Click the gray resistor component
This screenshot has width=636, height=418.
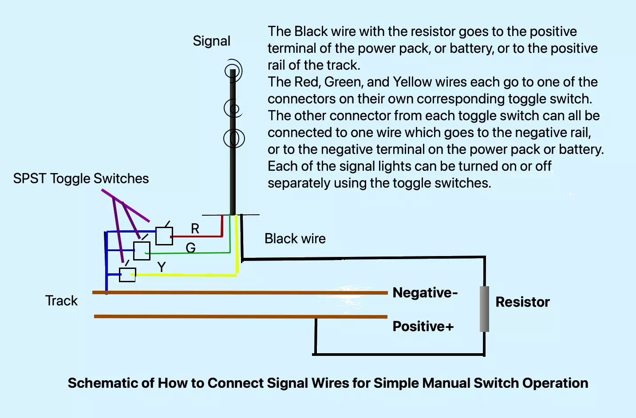point(484,309)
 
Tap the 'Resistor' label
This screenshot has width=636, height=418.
point(522,302)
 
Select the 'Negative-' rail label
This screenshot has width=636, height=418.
point(425,292)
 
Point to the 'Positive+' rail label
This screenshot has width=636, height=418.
point(423,326)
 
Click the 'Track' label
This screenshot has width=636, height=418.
point(61,301)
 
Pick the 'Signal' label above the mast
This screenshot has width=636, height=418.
point(212,41)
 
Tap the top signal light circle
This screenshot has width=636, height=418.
point(233,71)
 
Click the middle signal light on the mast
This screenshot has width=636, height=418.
point(233,108)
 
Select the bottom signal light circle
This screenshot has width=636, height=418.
point(234,138)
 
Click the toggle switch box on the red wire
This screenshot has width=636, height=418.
point(164,236)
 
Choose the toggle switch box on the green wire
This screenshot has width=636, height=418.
point(142,251)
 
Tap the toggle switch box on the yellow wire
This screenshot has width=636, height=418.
point(127,275)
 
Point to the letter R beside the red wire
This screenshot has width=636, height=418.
point(195,229)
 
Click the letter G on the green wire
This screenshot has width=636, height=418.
point(190,248)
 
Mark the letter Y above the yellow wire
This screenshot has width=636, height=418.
point(162,267)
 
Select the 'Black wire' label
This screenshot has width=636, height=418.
point(295,239)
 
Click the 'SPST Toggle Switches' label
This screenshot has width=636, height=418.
point(81,179)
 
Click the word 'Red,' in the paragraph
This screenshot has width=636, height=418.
point(308,82)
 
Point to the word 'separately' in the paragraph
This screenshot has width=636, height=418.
point(299,183)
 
